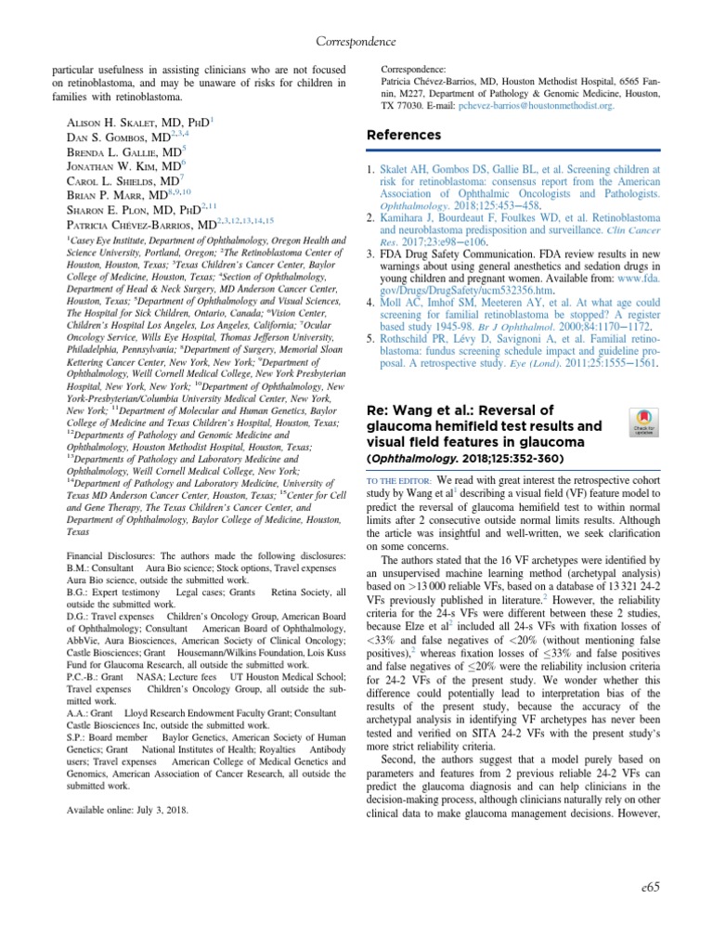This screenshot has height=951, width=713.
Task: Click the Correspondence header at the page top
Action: [x=356, y=42]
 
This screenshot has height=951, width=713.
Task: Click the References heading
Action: [x=404, y=136]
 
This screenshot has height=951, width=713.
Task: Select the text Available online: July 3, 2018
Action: [x=127, y=810]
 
